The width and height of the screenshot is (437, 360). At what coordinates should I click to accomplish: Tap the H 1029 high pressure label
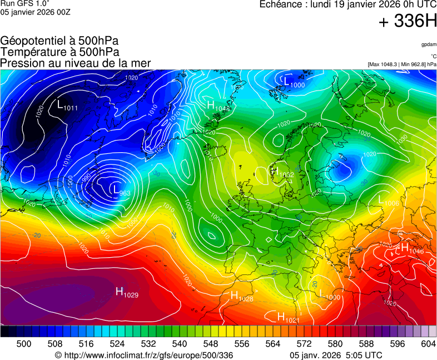pyautogui.click(x=126, y=291)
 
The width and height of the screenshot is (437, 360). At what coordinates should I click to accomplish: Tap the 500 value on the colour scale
pyautogui.click(x=24, y=344)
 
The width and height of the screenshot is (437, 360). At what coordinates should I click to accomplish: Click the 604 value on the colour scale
pyautogui.click(x=428, y=344)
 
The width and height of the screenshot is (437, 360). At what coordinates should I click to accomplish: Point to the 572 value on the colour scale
pyautogui.click(x=319, y=344)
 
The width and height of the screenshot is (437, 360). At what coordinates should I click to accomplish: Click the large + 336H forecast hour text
pyautogui.click(x=407, y=22)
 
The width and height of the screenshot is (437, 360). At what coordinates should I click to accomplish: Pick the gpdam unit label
pyautogui.click(x=428, y=44)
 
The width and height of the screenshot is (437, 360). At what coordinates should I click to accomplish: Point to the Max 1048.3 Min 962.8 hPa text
pyautogui.click(x=401, y=64)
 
